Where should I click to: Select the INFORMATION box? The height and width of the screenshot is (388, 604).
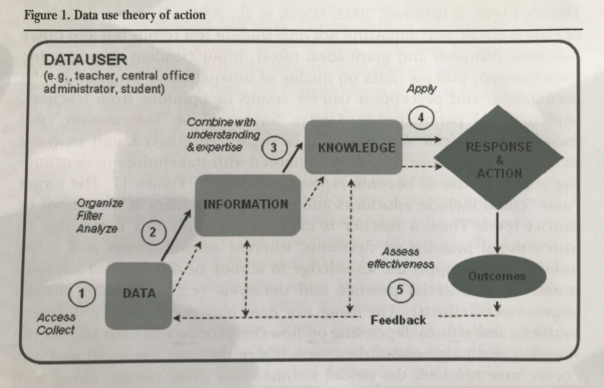[246, 204]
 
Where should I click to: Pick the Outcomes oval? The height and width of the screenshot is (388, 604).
[497, 276]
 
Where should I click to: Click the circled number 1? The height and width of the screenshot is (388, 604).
[81, 293]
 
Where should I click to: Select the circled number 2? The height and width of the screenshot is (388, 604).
[153, 232]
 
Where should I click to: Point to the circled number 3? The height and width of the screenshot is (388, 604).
[273, 147]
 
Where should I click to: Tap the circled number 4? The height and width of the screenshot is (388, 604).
[421, 118]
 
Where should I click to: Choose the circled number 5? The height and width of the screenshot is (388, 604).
[400, 290]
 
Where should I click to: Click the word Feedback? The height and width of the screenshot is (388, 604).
[398, 320]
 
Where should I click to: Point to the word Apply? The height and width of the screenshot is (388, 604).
[421, 89]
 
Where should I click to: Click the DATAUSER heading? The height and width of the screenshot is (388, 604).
[86, 60]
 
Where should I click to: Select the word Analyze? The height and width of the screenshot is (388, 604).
[97, 229]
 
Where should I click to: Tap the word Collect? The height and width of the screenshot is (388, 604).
[56, 330]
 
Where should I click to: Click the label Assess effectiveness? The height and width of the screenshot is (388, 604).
[401, 258]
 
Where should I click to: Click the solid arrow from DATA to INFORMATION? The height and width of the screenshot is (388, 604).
[175, 236]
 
